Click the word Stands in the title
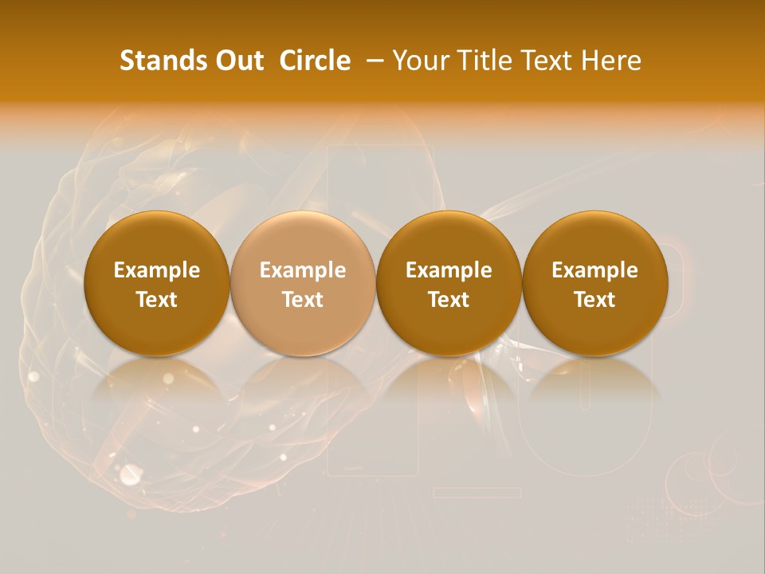158,61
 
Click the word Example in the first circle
157,270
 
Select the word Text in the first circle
157,300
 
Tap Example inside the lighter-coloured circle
303,270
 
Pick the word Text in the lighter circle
303,300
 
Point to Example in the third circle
449,270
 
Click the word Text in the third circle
449,300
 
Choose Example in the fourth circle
595,270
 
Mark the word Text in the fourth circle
595,300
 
